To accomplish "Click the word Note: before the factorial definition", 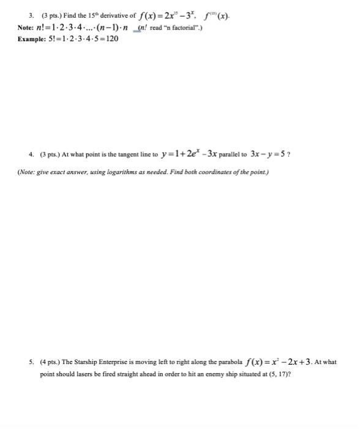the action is [26, 28].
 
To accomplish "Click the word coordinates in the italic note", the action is [217, 172].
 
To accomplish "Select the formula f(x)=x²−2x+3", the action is [288, 361].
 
